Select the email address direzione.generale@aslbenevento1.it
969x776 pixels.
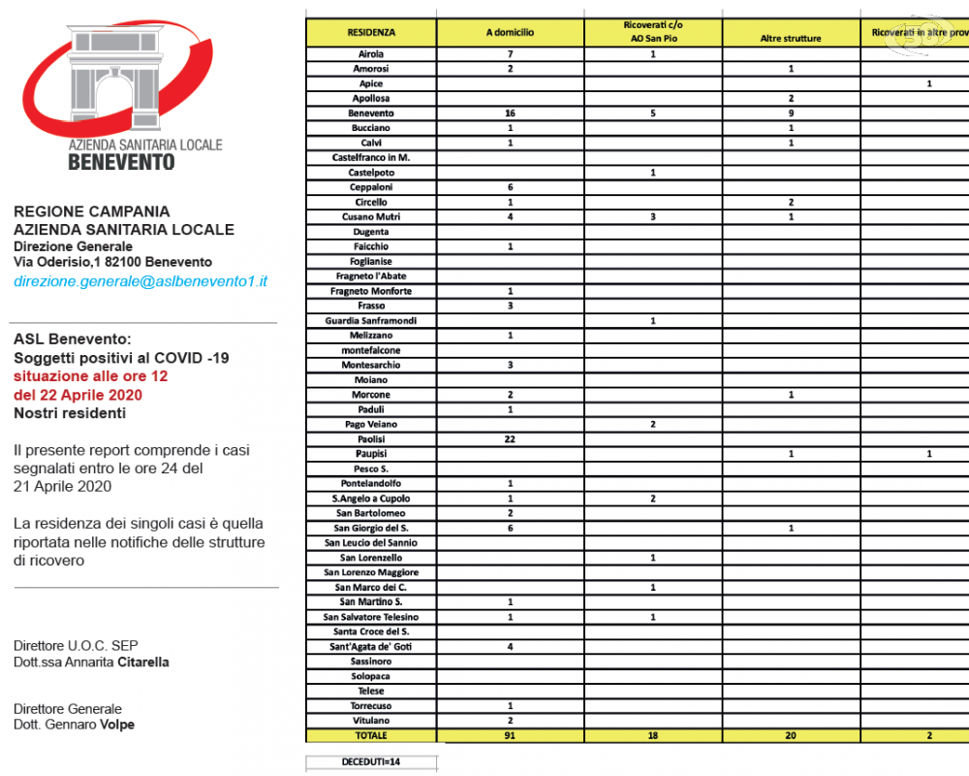[x=141, y=281]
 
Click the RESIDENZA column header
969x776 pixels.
[x=371, y=33]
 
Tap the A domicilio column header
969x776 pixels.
[x=510, y=33]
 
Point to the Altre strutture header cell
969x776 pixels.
[x=791, y=39]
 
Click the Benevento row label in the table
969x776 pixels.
[x=371, y=113]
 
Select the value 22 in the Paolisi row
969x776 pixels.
[x=510, y=439]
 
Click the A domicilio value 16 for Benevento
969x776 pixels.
[x=510, y=113]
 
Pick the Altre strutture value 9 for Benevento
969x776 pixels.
[x=791, y=113]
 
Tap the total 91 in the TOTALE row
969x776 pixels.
[x=510, y=736]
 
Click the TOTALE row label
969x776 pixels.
[x=371, y=736]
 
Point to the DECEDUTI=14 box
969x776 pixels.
[x=371, y=762]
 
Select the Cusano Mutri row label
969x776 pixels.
[x=371, y=217]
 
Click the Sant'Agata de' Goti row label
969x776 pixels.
[x=371, y=647]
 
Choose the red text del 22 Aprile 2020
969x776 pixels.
[x=78, y=395]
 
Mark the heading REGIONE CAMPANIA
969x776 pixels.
[x=91, y=211]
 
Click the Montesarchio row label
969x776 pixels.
[x=371, y=366]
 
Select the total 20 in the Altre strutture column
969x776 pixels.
[x=791, y=736]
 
